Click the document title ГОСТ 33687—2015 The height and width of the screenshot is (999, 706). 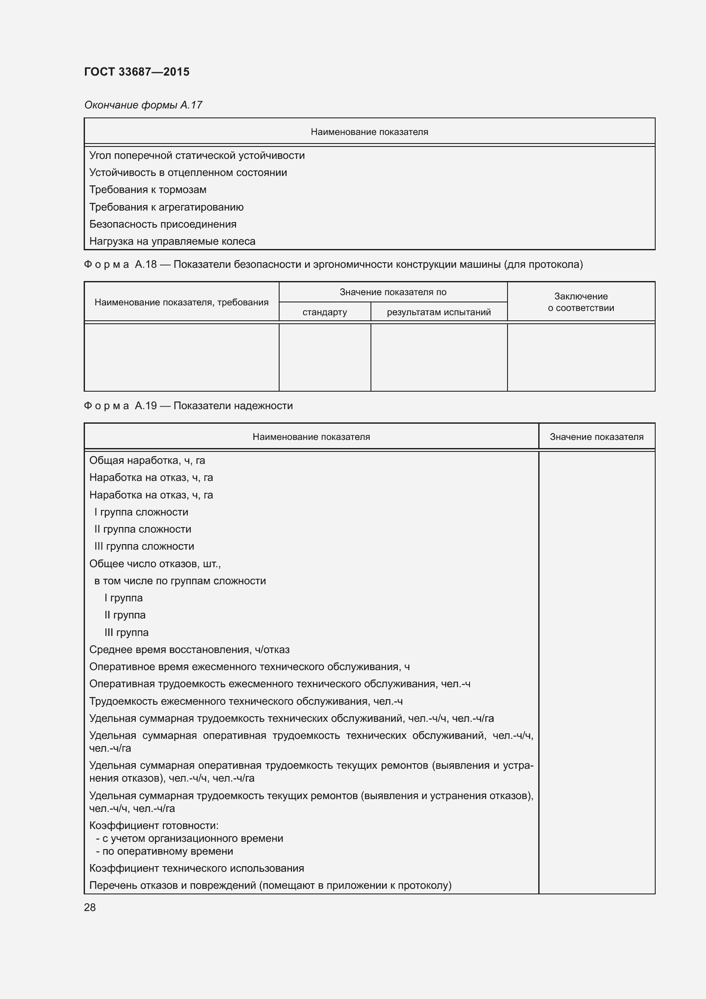pyautogui.click(x=137, y=72)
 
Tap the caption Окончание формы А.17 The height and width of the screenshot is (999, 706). pyautogui.click(x=143, y=105)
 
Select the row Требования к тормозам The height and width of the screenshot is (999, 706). pyautogui.click(x=148, y=190)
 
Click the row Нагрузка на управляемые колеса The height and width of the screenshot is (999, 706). pyautogui.click(x=172, y=241)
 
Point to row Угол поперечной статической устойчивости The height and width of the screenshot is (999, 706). pyautogui.click(x=197, y=155)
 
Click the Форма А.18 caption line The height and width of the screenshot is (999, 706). pyautogui.click(x=333, y=264)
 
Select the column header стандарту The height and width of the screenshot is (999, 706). pyautogui.click(x=324, y=312)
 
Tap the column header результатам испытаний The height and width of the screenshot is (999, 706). pyautogui.click(x=438, y=312)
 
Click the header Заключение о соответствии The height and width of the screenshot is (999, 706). pyautogui.click(x=581, y=302)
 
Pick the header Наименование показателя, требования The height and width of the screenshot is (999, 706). pyautogui.click(x=181, y=302)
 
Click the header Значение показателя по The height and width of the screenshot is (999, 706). pyautogui.click(x=393, y=292)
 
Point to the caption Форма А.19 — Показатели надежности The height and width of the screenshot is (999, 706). pyautogui.click(x=188, y=405)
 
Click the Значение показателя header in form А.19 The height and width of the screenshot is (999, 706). pyautogui.click(x=596, y=437)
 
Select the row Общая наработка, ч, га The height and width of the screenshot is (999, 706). pyautogui.click(x=147, y=460)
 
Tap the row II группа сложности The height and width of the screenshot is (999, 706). pyautogui.click(x=143, y=529)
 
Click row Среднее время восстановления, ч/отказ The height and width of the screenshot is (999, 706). pyautogui.click(x=189, y=650)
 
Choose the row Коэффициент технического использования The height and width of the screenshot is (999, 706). pyautogui.click(x=196, y=868)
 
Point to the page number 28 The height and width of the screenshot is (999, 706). pyautogui.click(x=90, y=908)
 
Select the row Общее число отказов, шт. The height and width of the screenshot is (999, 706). pyautogui.click(x=155, y=564)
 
